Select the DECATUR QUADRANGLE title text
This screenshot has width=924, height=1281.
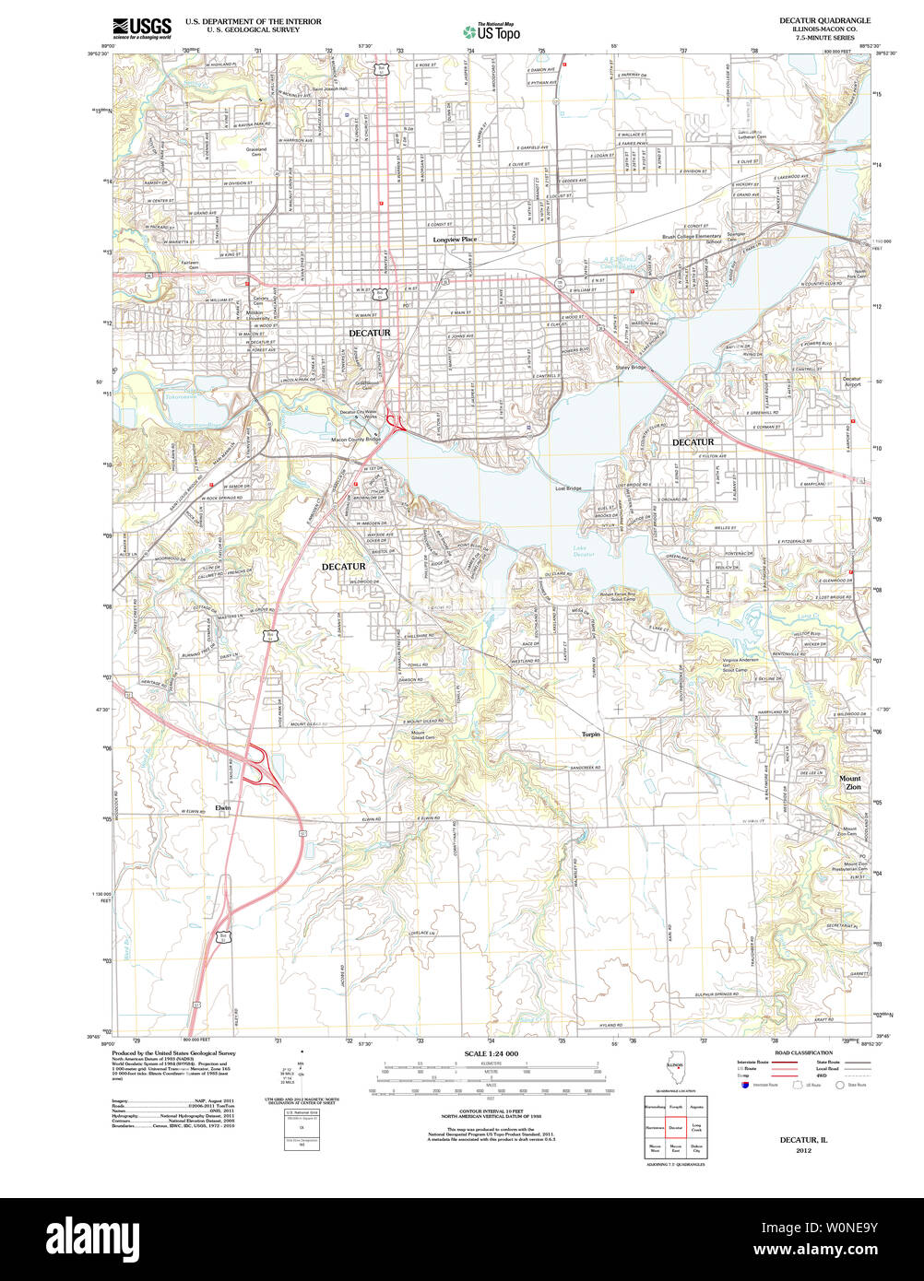click(x=831, y=20)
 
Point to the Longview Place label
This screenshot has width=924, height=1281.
click(x=456, y=240)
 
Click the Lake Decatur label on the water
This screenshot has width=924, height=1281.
click(x=583, y=551)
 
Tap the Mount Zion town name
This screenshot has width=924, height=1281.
click(x=850, y=783)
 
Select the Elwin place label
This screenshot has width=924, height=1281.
click(x=223, y=808)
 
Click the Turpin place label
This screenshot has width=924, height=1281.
click(x=591, y=735)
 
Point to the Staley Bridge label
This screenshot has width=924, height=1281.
click(x=632, y=368)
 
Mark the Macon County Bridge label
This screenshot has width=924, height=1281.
click(x=356, y=440)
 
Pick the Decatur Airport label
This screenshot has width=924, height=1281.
click(x=851, y=382)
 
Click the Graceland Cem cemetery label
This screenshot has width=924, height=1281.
click(x=255, y=152)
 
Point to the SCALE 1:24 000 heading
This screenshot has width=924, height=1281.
click(x=491, y=1053)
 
